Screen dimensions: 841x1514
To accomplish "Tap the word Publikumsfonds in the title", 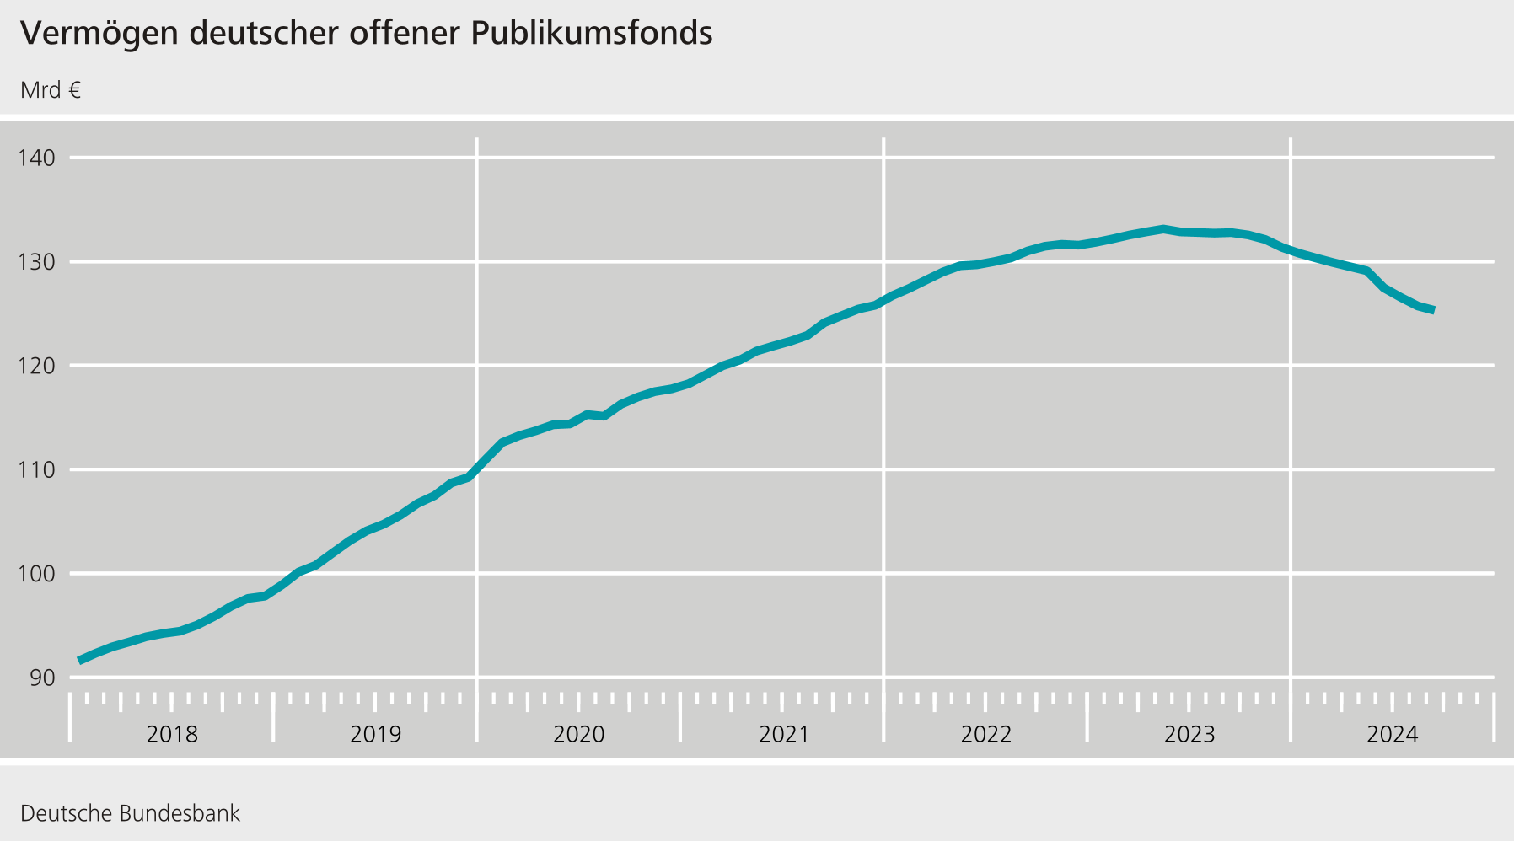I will (x=592, y=34).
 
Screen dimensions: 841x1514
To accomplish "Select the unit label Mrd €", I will (x=51, y=90).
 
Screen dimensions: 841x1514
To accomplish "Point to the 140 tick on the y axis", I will (x=36, y=158).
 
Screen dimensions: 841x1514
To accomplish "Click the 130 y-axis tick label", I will (x=36, y=262).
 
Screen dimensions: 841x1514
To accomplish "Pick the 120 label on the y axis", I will (x=36, y=366).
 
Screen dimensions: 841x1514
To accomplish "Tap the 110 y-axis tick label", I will (x=36, y=469).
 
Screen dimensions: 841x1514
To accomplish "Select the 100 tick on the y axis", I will (x=36, y=574).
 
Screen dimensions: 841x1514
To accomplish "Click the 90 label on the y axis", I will (x=41, y=678).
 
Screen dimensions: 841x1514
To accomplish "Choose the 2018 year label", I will (x=172, y=735).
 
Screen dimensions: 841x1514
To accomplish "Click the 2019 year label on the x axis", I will (x=375, y=735).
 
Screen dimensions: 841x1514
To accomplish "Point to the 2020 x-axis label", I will (x=579, y=735).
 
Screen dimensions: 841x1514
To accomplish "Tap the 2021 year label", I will (x=783, y=735).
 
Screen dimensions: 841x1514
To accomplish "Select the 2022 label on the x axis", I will (x=986, y=735).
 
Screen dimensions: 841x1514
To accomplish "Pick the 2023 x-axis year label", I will (x=1189, y=735).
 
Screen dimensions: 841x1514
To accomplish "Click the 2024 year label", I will (x=1393, y=735).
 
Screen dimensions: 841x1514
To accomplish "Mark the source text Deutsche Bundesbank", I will (x=130, y=814).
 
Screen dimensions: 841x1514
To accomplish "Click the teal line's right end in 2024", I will (x=1433, y=310).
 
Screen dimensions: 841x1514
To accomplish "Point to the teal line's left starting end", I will (x=79, y=660).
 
